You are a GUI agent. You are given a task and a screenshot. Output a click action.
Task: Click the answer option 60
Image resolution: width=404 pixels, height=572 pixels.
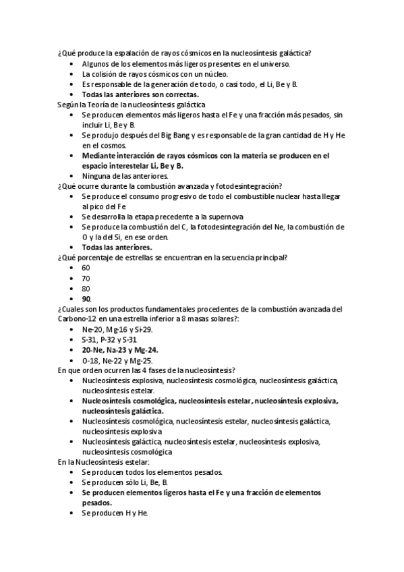pyautogui.click(x=86, y=267)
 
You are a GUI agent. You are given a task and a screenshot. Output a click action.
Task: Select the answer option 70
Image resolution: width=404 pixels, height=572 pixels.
pyautogui.click(x=86, y=277)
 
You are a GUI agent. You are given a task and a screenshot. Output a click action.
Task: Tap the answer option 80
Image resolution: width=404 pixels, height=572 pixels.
pyautogui.click(x=86, y=287)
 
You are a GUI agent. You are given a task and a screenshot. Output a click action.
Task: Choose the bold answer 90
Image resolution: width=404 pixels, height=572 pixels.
pyautogui.click(x=86, y=298)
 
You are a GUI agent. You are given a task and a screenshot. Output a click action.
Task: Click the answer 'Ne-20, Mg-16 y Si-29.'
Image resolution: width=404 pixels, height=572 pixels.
pyautogui.click(x=117, y=329)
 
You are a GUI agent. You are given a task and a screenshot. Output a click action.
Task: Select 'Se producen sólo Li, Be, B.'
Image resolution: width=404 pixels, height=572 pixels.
pyautogui.click(x=125, y=482)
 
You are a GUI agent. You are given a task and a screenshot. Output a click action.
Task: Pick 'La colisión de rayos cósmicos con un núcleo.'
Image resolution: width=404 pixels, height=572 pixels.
pyautogui.click(x=155, y=74)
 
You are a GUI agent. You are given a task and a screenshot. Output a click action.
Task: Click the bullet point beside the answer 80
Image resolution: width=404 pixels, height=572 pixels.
pyautogui.click(x=71, y=288)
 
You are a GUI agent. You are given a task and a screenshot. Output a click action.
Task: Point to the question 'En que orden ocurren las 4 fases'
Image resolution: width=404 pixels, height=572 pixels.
pyautogui.click(x=146, y=370)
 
